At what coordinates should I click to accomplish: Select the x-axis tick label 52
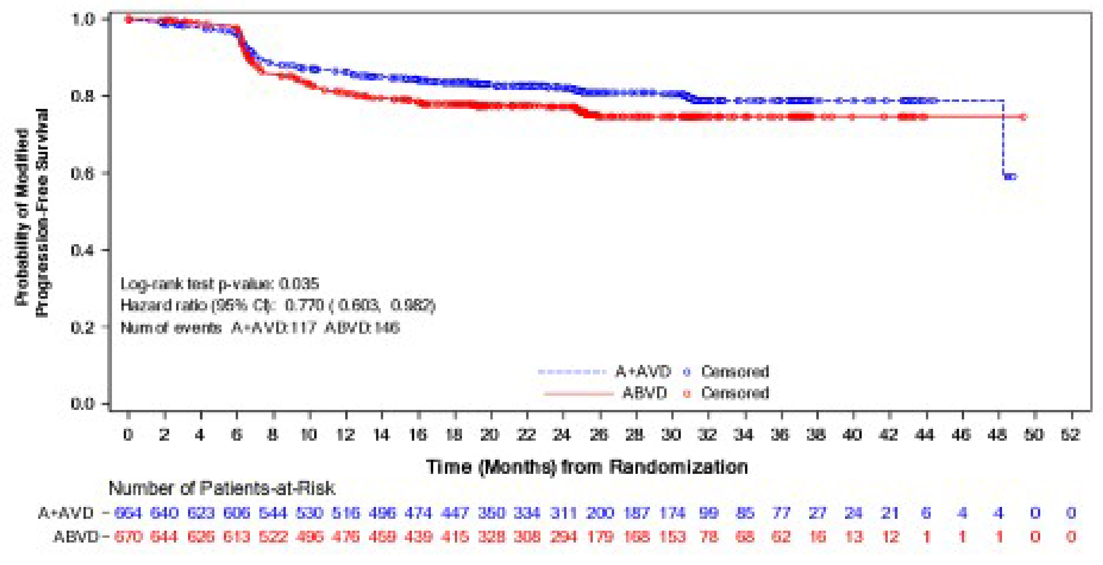pos(1070,435)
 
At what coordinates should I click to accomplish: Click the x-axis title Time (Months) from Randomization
pos(587,467)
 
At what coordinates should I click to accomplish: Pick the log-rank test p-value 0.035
pos(299,284)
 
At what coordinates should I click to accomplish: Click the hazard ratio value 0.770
pos(304,305)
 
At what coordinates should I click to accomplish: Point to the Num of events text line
pos(260,328)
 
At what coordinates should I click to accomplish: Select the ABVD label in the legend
pos(645,393)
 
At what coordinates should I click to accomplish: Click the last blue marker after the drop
pos(1011,177)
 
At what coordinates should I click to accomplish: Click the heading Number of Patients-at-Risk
pos(221,488)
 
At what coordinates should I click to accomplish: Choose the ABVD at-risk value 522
pos(273,536)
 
